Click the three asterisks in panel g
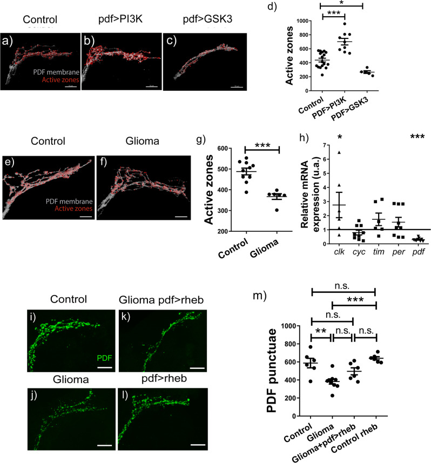click(262, 148)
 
